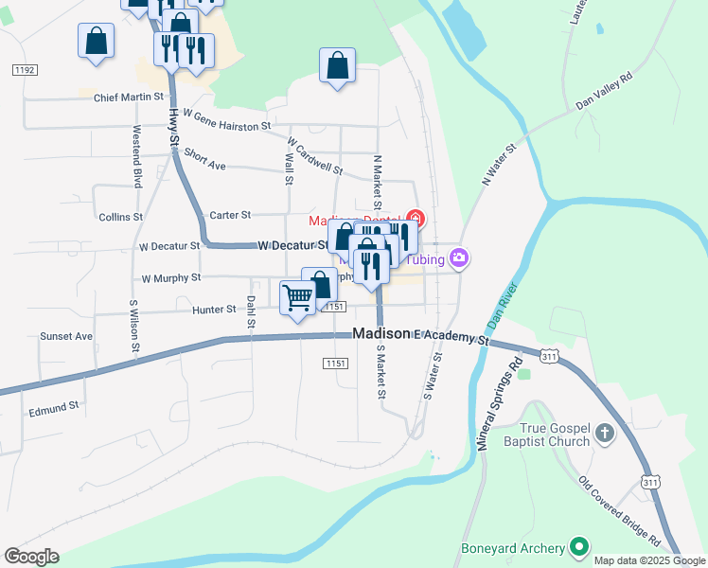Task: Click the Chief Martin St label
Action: point(130,97)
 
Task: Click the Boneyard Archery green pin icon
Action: point(578,547)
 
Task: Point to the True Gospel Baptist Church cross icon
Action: point(605,435)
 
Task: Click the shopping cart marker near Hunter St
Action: point(298,297)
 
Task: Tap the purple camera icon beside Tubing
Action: point(460,257)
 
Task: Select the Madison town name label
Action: point(381,334)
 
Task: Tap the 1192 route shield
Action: point(25,70)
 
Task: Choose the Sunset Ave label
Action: point(66,336)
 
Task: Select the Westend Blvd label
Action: point(137,155)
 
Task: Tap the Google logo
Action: point(31,557)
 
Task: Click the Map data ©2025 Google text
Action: point(649,560)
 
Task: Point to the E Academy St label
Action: point(451,337)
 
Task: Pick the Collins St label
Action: point(120,217)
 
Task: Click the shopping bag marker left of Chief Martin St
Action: point(96,42)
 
